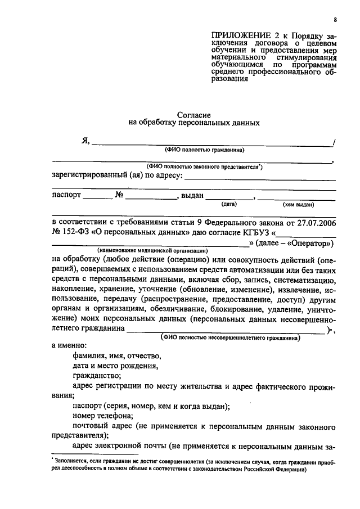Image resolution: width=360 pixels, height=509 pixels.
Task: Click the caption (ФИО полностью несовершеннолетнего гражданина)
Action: (231, 339)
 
